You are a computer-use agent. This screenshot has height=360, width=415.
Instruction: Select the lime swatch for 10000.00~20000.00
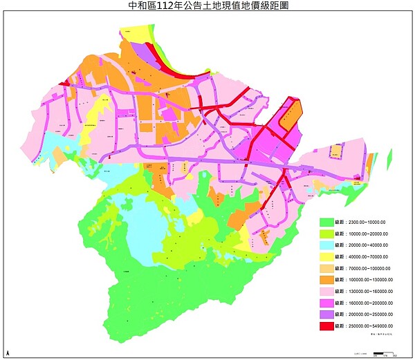(325, 234)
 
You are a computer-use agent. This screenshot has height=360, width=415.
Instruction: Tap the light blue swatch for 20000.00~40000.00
(325, 245)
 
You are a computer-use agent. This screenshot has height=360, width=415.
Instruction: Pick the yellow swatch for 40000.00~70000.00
(325, 257)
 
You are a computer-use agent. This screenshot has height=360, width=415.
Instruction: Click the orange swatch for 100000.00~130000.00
(325, 280)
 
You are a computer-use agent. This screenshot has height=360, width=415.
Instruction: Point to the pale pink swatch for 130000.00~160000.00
(325, 291)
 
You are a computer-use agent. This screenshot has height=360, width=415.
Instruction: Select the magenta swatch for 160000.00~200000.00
(325, 303)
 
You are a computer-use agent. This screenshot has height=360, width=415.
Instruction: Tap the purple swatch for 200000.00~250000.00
(325, 314)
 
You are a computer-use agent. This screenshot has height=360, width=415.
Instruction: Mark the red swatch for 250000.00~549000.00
(325, 325)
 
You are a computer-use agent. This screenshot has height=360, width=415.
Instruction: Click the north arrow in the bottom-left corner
(8, 353)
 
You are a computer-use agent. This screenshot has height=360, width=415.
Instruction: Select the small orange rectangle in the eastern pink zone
(336, 151)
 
